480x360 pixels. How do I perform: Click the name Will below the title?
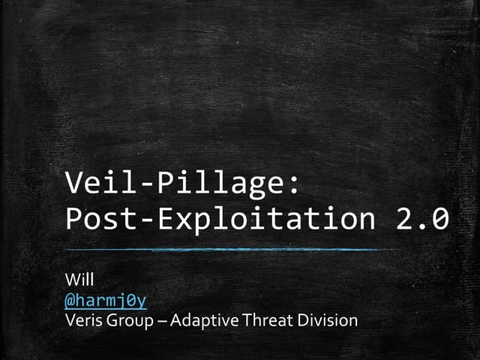pos(77,282)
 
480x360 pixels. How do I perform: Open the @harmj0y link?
pos(106,301)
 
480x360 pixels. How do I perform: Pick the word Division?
pos(325,321)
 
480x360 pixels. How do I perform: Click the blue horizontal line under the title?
pos(225,249)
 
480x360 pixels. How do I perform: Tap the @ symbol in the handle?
pos(70,301)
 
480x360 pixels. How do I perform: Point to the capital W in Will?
pos(71,282)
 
